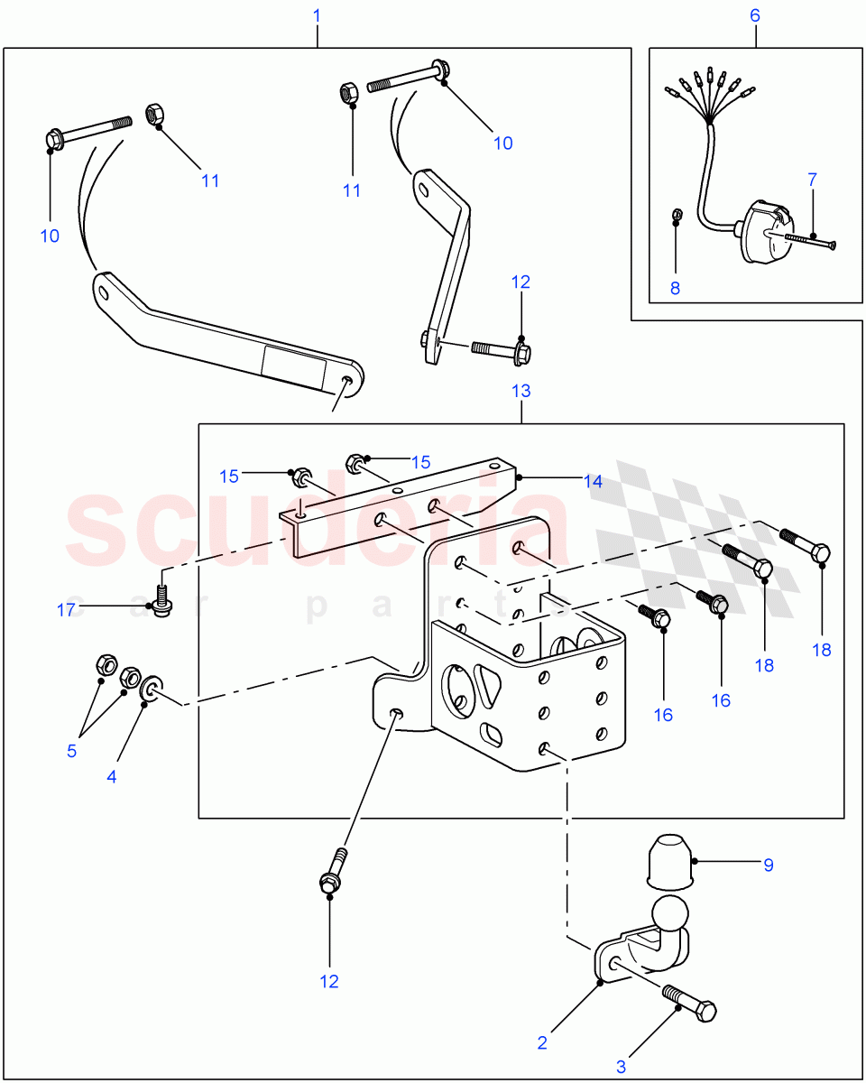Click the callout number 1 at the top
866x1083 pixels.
(317, 15)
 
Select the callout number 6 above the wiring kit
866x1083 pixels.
(755, 15)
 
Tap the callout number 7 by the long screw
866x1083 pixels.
(812, 180)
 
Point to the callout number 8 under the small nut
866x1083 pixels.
(675, 289)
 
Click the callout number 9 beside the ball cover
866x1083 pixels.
(769, 865)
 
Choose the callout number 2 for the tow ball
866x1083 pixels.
(542, 1042)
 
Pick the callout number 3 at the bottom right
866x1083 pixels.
(621, 1067)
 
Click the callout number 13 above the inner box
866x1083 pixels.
(521, 391)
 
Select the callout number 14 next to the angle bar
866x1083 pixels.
(593, 482)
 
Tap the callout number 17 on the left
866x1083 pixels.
(66, 610)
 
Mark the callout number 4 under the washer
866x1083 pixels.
(112, 776)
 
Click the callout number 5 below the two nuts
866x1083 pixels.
(71, 751)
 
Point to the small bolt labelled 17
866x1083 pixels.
(162, 599)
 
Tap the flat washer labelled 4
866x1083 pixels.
(151, 691)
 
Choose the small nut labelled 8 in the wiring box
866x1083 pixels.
(679, 216)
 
